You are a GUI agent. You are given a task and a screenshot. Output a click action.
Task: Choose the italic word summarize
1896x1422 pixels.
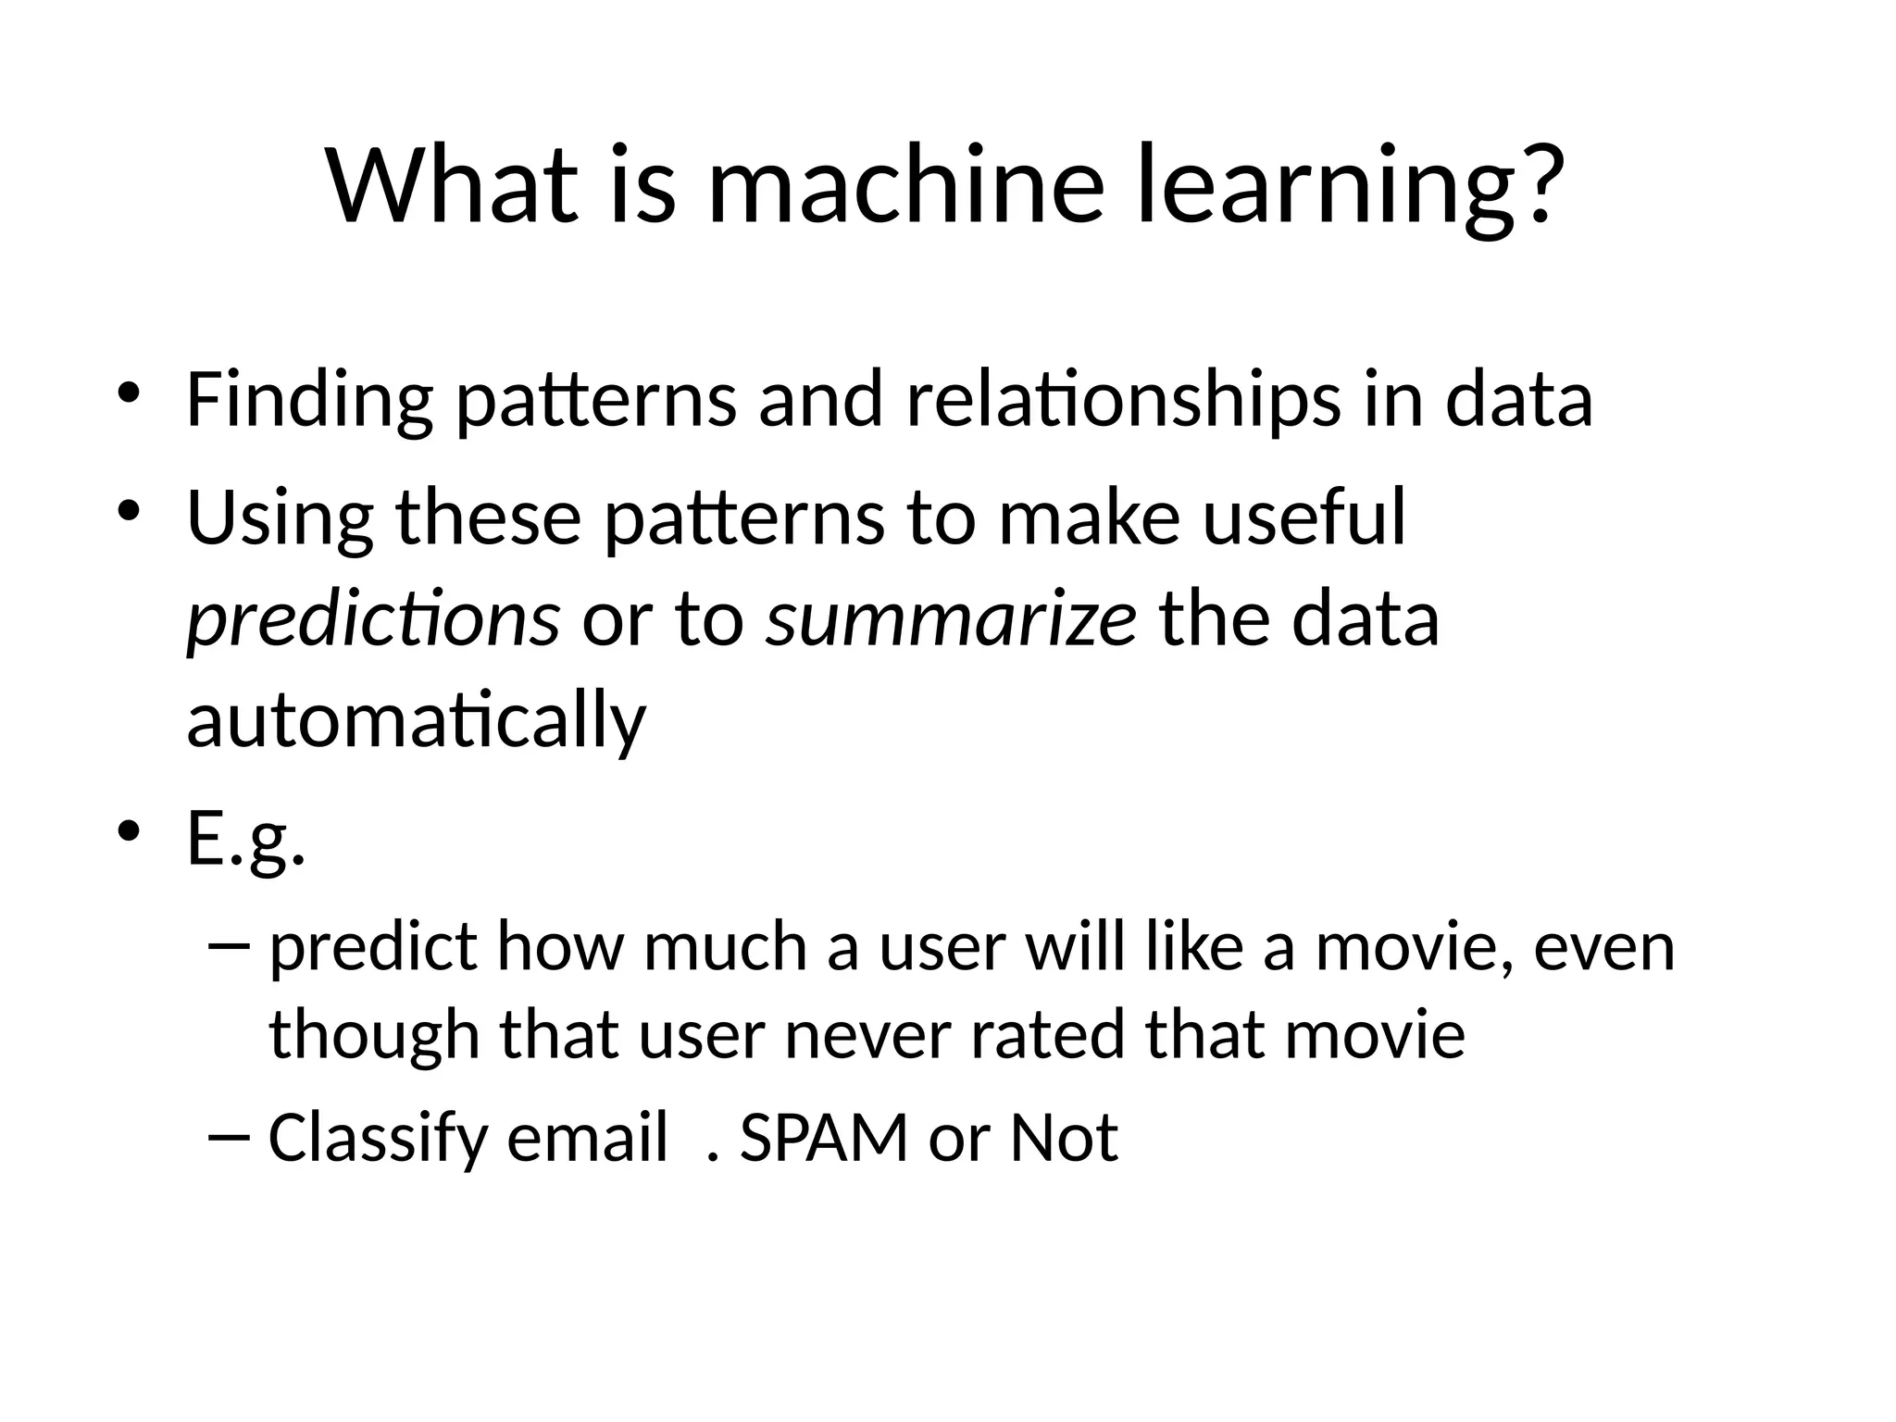pyautogui.click(x=951, y=618)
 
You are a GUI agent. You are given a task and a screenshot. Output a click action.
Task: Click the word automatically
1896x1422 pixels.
pyautogui.click(x=416, y=720)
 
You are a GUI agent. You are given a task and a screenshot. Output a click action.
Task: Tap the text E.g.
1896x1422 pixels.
pyautogui.click(x=245, y=839)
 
